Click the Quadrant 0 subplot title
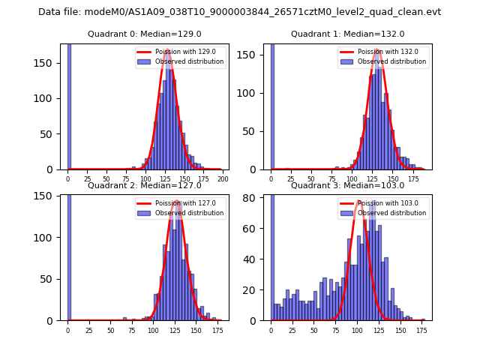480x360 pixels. point(145,34)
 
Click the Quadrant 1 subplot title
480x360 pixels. point(347,34)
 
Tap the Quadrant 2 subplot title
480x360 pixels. point(145,185)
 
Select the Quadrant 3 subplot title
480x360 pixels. point(347,185)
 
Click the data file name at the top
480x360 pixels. point(239,12)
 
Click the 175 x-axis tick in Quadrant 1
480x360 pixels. point(411,178)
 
